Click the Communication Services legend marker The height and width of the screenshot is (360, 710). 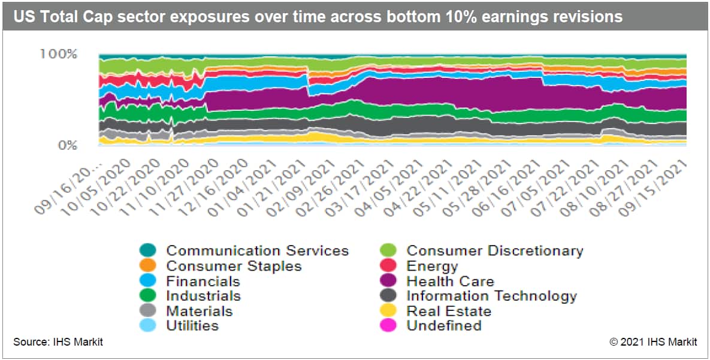pyautogui.click(x=147, y=250)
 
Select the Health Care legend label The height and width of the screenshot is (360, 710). pyautogui.click(x=450, y=281)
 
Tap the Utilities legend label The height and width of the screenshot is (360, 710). pyautogui.click(x=192, y=326)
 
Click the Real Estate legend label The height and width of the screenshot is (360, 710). pyautogui.click(x=449, y=311)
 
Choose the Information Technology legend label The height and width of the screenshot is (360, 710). pyautogui.click(x=491, y=296)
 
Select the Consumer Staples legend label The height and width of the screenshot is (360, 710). pyautogui.click(x=234, y=266)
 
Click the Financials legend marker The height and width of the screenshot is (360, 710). pyautogui.click(x=147, y=281)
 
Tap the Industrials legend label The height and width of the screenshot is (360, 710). pyautogui.click(x=203, y=296)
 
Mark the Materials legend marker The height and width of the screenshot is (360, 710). pyautogui.click(x=147, y=311)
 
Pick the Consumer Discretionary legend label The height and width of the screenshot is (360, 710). pyautogui.click(x=494, y=250)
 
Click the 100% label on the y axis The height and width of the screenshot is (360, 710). pyautogui.click(x=58, y=55)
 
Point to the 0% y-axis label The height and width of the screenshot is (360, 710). pyautogui.click(x=67, y=146)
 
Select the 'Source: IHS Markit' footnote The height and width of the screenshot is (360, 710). pyautogui.click(x=58, y=343)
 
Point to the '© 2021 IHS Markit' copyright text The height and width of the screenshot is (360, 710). pyautogui.click(x=652, y=343)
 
